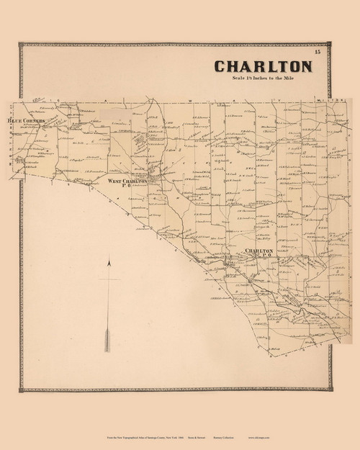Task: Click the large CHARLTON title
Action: [263, 66]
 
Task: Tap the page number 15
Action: [318, 52]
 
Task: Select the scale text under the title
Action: [264, 79]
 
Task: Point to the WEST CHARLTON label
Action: [127, 181]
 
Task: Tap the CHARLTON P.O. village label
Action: [258, 251]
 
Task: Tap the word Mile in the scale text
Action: [302, 79]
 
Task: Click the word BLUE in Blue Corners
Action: [14, 121]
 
